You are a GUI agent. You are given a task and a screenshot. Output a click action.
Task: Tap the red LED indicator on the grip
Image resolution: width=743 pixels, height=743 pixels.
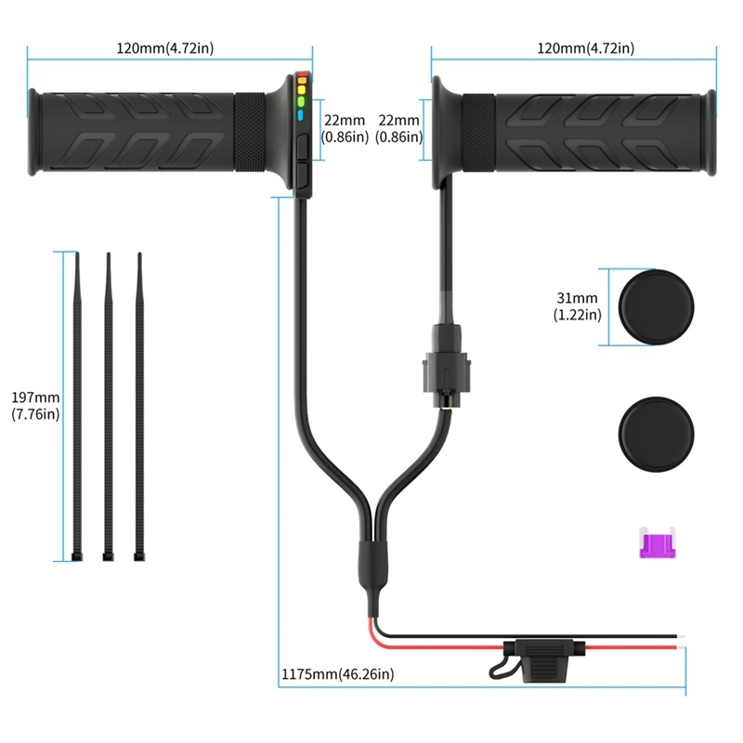[302, 78]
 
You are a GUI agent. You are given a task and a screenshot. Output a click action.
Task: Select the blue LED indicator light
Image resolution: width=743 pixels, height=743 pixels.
[302, 116]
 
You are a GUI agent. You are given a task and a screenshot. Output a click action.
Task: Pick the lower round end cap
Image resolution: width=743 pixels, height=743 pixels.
[656, 430]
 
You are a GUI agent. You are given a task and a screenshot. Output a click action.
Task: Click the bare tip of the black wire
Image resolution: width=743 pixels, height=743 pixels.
[682, 639]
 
